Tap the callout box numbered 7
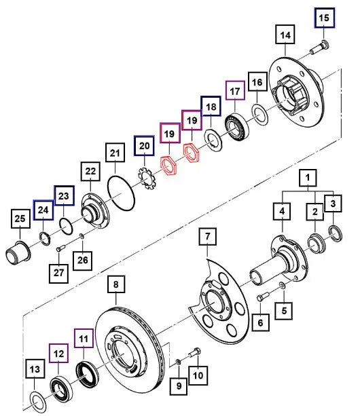(209, 238)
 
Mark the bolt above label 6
(264, 297)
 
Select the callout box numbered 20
(144, 145)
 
